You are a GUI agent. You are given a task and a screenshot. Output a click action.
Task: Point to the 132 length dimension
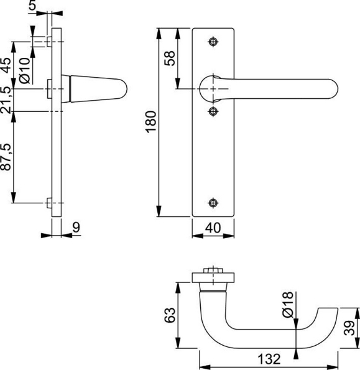269,359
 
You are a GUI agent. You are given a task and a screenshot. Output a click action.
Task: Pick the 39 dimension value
350,327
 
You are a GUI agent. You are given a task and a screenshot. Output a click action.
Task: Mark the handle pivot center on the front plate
215,90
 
